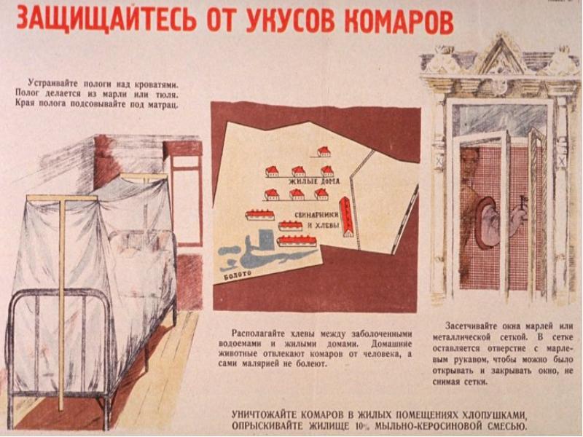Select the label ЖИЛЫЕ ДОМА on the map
(314, 181)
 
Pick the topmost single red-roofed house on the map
(324, 151)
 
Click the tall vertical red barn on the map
(347, 216)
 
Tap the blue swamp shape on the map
(260, 256)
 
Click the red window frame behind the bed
(184, 193)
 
